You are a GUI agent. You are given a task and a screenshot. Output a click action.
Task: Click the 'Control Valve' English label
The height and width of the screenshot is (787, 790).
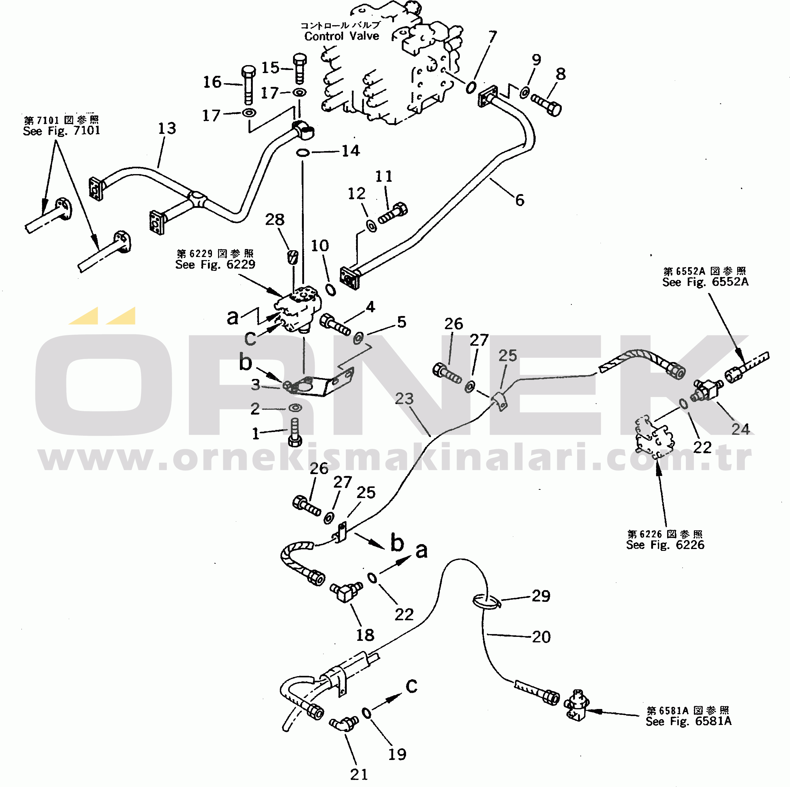click(x=342, y=36)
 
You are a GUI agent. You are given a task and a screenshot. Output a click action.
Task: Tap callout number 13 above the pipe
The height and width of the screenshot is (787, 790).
click(x=167, y=128)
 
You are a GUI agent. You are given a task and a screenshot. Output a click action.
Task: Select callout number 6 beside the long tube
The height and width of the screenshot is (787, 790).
click(x=519, y=200)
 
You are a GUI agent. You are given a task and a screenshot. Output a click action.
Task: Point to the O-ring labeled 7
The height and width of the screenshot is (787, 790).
click(x=471, y=87)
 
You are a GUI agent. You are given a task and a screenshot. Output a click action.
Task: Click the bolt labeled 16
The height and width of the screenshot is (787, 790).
click(x=248, y=85)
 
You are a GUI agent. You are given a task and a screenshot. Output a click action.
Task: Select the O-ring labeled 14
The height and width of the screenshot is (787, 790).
click(x=303, y=153)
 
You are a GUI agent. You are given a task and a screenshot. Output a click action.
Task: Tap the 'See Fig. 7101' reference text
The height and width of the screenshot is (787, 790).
click(x=61, y=131)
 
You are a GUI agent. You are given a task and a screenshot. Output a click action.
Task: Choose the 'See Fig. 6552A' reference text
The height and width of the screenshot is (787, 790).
click(x=705, y=282)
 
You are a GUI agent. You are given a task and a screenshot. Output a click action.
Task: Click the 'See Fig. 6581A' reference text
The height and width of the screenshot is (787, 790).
click(x=689, y=721)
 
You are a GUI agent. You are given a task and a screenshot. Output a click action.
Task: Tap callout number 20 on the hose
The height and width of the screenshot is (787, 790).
click(x=541, y=637)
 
